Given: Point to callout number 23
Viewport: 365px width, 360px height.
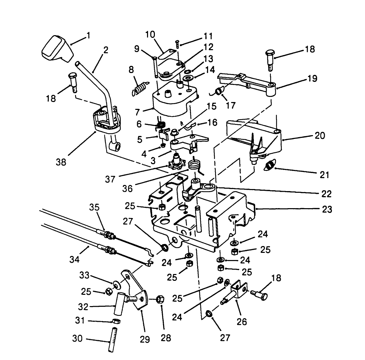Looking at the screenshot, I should pyautogui.click(x=327, y=209).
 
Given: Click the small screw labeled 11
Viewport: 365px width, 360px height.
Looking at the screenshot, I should pyautogui.click(x=178, y=43).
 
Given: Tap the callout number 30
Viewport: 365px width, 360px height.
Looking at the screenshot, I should pyautogui.click(x=78, y=339).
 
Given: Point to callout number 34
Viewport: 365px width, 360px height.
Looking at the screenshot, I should pyautogui.click(x=74, y=260).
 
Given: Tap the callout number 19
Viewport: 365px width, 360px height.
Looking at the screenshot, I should pyautogui.click(x=312, y=79).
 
